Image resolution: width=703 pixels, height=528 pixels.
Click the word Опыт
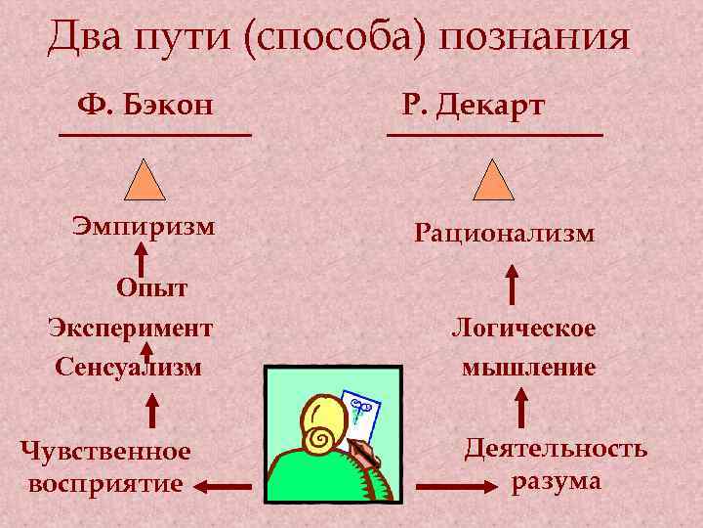(151, 286)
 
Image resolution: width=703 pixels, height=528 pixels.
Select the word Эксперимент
(131, 326)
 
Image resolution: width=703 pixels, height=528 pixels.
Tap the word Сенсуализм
(128, 367)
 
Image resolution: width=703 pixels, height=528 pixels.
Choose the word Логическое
(523, 328)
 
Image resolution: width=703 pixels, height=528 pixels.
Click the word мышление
(528, 368)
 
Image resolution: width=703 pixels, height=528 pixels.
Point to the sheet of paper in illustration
(358, 411)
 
